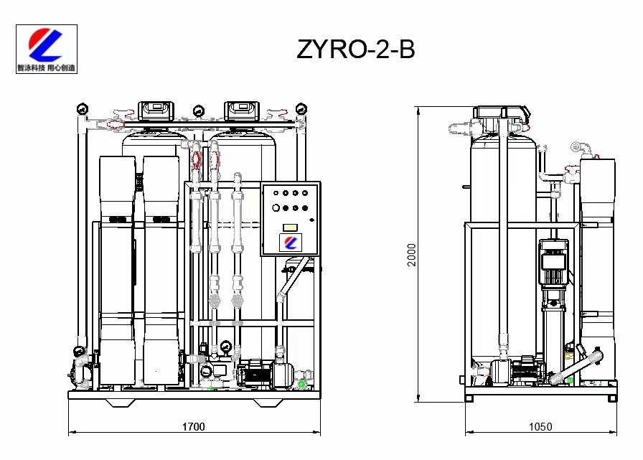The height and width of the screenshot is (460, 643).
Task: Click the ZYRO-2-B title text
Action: [x=355, y=50]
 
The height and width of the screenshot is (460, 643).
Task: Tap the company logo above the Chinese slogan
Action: [x=45, y=44]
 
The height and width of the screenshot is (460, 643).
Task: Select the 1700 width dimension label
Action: [x=194, y=427]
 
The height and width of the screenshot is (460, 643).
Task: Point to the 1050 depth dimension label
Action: [x=540, y=427]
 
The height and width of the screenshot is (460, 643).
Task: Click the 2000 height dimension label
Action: [x=411, y=255]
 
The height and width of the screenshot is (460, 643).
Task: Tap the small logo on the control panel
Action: [x=291, y=243]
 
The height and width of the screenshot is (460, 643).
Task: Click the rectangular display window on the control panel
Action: [x=291, y=227]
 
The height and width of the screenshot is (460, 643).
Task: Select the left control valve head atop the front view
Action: [x=156, y=111]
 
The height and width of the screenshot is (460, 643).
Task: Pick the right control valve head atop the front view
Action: [x=242, y=111]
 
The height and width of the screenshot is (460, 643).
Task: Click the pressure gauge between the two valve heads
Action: [x=199, y=111]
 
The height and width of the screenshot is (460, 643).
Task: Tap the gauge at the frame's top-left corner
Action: [x=83, y=108]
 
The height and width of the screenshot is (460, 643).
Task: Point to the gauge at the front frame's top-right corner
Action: [x=301, y=108]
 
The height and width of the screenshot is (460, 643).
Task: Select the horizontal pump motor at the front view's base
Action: [x=263, y=373]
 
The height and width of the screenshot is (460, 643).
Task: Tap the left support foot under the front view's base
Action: [x=121, y=403]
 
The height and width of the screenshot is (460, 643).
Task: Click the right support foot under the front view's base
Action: [x=268, y=403]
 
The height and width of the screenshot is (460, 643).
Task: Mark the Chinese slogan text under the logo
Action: [x=47, y=67]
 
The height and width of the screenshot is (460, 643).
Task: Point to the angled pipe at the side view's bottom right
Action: [x=576, y=366]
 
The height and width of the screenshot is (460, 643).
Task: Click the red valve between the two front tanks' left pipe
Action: [x=196, y=159]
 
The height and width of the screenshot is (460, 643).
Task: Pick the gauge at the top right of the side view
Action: [x=576, y=147]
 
